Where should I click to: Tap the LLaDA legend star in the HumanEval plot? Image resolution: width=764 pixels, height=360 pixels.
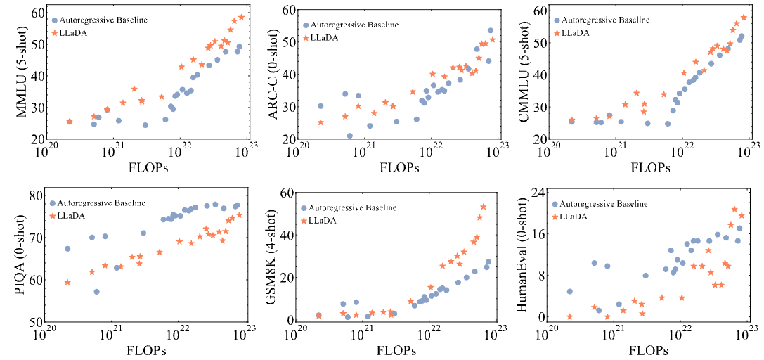[557, 217]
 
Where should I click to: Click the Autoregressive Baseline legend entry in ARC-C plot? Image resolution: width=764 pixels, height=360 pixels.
[355, 25]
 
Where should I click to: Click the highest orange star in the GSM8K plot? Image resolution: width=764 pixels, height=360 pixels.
[484, 207]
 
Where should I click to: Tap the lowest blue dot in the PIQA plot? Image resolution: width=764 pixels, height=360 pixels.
[96, 292]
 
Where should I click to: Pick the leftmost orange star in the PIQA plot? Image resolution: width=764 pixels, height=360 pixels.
[67, 282]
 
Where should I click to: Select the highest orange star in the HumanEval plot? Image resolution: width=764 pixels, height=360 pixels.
[734, 209]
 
